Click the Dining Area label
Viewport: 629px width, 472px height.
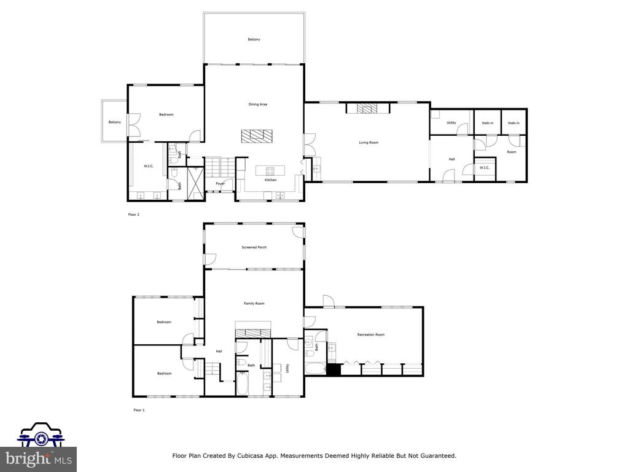click(257, 104)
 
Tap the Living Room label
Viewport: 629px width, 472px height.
click(369, 143)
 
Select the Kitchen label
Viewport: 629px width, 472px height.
click(270, 180)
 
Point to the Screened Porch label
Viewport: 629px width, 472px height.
click(254, 248)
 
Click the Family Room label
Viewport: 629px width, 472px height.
click(254, 304)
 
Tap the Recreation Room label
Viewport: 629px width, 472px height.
click(370, 335)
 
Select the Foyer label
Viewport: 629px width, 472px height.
click(220, 184)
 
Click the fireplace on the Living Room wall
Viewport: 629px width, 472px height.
click(367, 109)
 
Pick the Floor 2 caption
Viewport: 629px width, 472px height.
click(134, 215)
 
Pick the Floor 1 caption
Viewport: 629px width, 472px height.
click(139, 409)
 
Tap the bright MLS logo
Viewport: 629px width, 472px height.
click(38, 459)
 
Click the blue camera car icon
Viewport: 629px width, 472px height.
click(40, 435)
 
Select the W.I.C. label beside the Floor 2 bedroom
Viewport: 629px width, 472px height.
click(148, 166)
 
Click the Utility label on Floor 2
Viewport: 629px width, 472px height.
click(451, 123)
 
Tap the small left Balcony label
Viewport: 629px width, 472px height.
click(115, 122)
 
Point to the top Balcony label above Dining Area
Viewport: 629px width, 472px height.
click(254, 39)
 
